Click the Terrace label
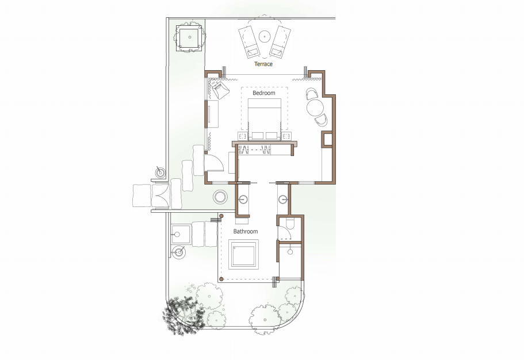click(263, 64)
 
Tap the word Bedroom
click(263, 93)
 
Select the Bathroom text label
click(245, 231)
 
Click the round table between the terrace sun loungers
click(265, 36)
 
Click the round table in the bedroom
click(315, 108)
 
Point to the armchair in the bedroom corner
click(220, 89)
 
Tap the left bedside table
click(243, 136)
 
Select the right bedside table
click(286, 136)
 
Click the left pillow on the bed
click(257, 136)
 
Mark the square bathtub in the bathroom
click(243, 254)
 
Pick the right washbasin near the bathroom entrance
click(283, 200)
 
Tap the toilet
click(290, 224)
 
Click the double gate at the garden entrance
click(160, 195)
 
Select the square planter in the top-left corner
click(189, 37)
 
